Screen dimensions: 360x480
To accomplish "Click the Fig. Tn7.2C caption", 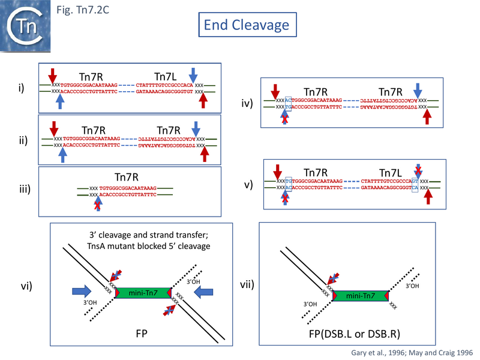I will [80, 10].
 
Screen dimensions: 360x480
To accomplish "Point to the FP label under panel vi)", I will [142, 334].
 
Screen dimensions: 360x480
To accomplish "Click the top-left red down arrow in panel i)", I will [53, 76].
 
